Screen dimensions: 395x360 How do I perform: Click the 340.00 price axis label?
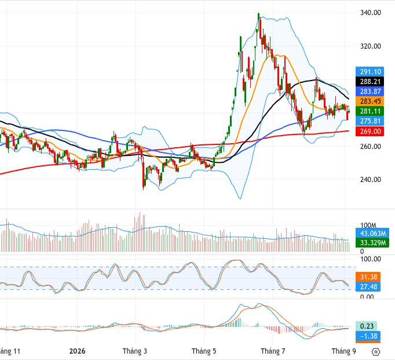370,13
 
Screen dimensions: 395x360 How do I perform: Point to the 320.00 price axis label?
370,46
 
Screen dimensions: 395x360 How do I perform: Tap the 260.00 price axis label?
370,147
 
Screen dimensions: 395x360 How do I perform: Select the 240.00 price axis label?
370,180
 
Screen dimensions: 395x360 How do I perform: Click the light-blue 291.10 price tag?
370,72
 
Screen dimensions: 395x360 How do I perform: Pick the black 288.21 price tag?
370,82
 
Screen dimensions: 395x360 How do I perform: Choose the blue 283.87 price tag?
370,92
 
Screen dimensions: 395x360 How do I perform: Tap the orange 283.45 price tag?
370,101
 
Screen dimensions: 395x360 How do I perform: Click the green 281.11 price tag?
370,111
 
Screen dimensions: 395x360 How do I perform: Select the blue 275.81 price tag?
370,121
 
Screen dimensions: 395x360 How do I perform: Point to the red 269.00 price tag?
370,132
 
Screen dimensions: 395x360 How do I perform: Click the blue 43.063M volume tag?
372,233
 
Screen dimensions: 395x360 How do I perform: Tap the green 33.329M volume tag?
372,243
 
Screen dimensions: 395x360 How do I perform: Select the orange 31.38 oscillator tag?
368,277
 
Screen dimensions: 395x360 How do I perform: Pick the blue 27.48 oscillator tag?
368,287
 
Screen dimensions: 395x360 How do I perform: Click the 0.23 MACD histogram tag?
367,326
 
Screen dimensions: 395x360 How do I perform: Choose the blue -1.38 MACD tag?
368,336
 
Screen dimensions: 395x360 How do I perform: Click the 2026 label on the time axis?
78,351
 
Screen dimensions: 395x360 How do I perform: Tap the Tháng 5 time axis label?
204,351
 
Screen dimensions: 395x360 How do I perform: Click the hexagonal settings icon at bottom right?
376,352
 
